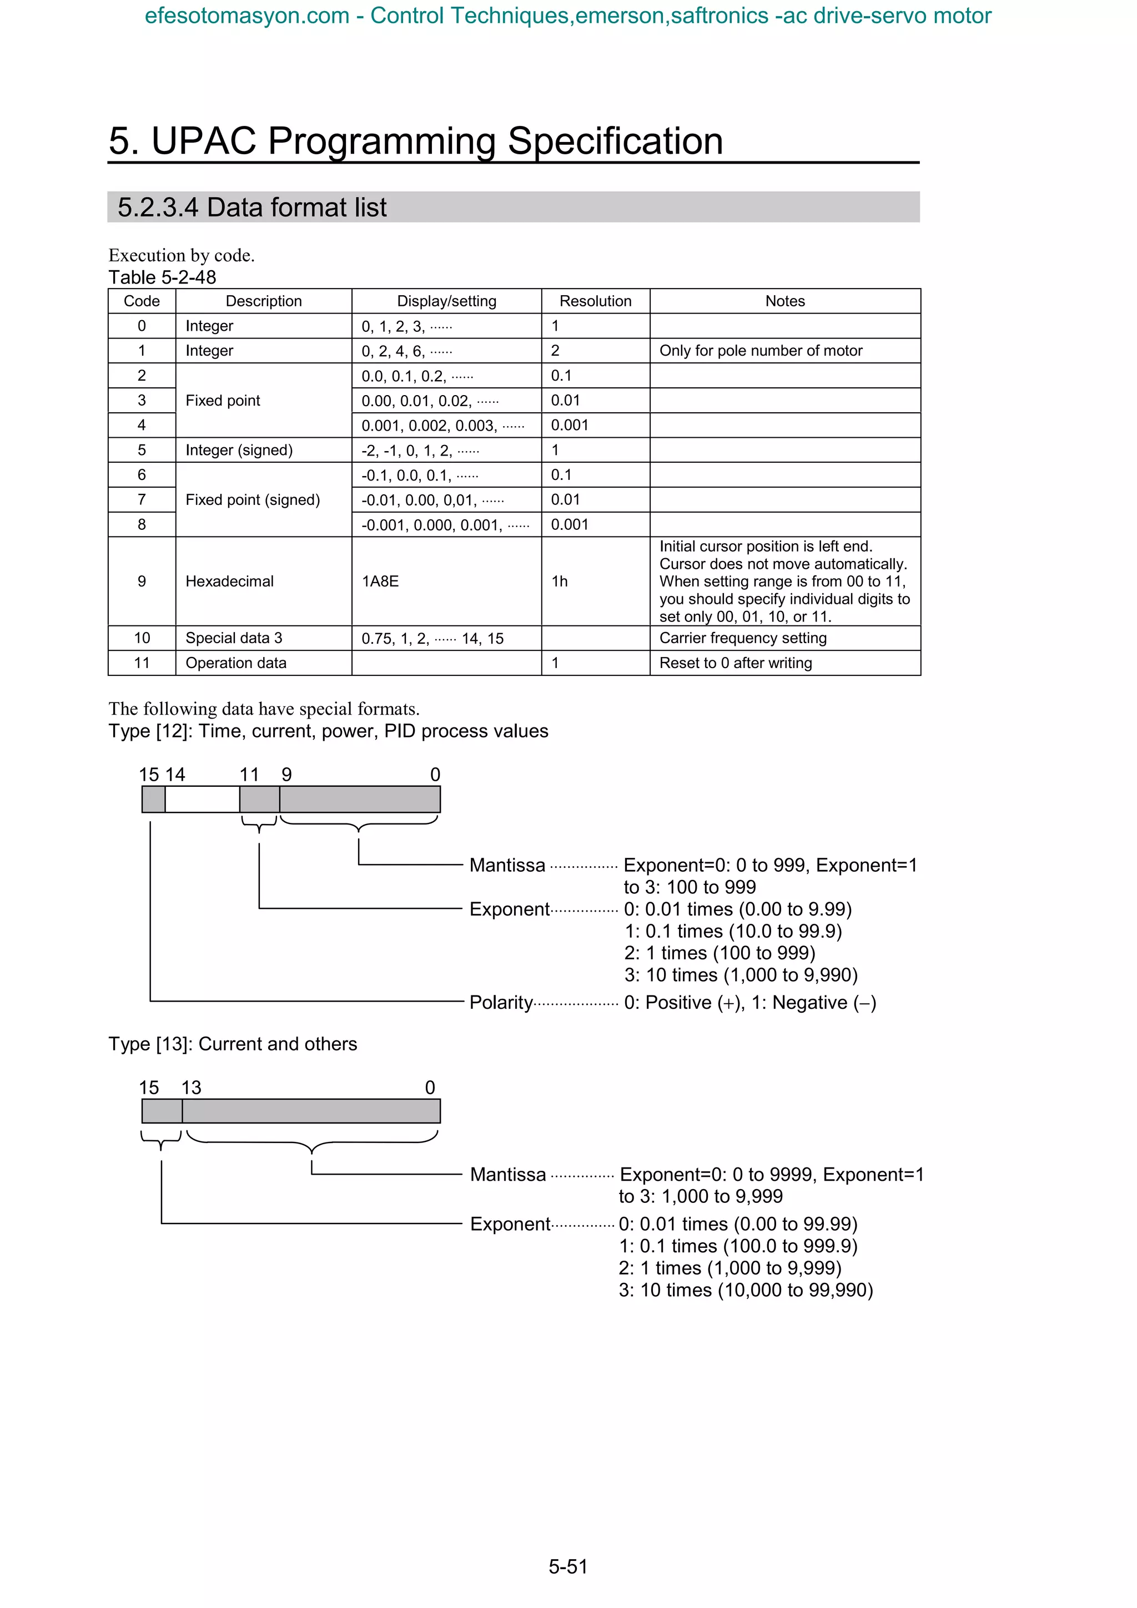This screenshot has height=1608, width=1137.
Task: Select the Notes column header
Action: coord(784,301)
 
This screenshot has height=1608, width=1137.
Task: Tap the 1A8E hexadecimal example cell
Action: coord(380,581)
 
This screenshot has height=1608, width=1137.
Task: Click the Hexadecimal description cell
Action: coord(229,581)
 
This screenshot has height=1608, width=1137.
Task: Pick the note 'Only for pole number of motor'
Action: coord(761,351)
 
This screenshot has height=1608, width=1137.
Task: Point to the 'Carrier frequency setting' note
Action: coord(743,638)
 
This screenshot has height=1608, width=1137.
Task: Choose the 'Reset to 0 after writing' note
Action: coord(736,663)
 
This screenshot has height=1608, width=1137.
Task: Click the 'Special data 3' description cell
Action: coord(234,638)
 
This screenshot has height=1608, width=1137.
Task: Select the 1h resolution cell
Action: coord(559,581)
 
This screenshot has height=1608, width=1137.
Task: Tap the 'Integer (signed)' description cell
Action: coord(239,451)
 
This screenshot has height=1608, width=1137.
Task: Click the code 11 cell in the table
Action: coord(142,663)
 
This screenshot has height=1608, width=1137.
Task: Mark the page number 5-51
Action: coord(568,1566)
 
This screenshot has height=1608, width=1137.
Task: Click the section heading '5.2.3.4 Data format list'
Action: coord(252,208)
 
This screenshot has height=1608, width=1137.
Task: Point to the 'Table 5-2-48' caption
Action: coord(163,277)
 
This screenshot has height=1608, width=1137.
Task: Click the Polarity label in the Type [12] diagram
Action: coord(501,1002)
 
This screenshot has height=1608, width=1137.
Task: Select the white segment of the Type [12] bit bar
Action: coord(203,799)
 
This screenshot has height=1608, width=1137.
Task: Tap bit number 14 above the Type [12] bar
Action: coord(175,775)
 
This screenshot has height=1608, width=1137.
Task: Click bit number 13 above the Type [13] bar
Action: coord(191,1088)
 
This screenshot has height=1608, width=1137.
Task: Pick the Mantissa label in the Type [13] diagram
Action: coord(508,1175)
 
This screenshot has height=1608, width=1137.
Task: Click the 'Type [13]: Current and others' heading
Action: coord(233,1044)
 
